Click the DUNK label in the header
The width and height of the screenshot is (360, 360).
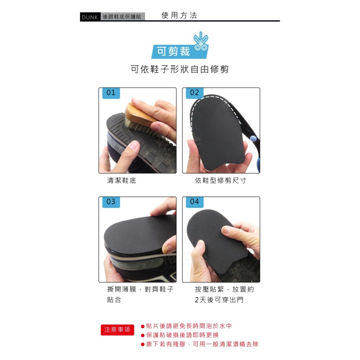pos(90,17)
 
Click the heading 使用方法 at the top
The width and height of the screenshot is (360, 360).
pos(179,15)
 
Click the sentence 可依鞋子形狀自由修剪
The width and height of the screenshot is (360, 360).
pos(180,69)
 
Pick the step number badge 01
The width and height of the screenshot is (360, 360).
pos(111,93)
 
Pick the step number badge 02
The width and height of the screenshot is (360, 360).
pos(194,93)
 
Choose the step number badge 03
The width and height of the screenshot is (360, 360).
pos(111,202)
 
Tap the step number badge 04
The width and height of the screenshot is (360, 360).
pos(194,202)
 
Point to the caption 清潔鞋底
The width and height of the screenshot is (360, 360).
pos(122,181)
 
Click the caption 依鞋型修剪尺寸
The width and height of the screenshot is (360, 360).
pos(220,181)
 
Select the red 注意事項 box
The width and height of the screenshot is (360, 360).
pos(117,330)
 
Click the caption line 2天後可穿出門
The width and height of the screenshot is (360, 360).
pos(219,300)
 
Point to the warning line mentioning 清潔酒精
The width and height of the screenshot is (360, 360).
pos(202,344)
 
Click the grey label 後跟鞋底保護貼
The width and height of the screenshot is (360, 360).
pos(122,17)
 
